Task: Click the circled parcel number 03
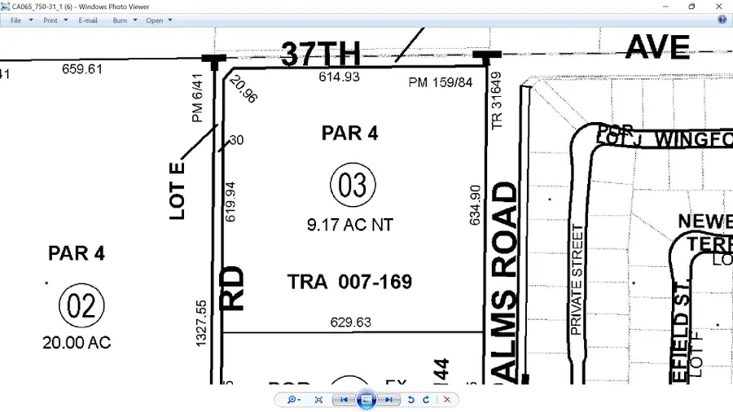tap(353, 186)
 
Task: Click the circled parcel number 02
tap(81, 307)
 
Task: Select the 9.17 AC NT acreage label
tap(349, 225)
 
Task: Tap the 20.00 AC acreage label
tap(77, 343)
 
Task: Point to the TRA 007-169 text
tap(349, 283)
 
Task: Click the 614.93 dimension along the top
tap(338, 77)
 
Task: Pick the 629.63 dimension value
tap(350, 322)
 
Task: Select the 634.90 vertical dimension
tap(476, 204)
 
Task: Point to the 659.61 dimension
tap(82, 69)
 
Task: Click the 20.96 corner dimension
tap(243, 89)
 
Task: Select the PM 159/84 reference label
tap(441, 82)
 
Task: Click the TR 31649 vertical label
tap(497, 100)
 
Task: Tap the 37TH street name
tap(321, 54)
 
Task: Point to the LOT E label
tap(178, 191)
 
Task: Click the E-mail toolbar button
tap(88, 20)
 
